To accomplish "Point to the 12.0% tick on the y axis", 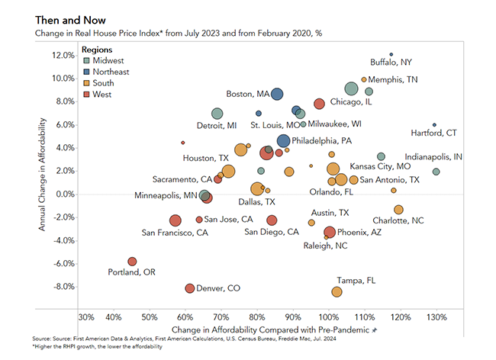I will (63, 55).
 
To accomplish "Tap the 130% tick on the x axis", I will (436, 317).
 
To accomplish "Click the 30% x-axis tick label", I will (86, 317).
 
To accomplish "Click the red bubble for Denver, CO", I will (190, 288).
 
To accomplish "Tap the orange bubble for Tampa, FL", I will (337, 292).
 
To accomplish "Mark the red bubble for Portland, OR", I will (132, 262).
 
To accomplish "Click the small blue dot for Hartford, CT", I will (434, 124).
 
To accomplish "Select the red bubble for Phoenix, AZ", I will (329, 233).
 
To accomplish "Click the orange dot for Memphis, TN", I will (363, 79).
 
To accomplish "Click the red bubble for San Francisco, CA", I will (176, 220).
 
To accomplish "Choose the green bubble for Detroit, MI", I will (217, 114).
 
